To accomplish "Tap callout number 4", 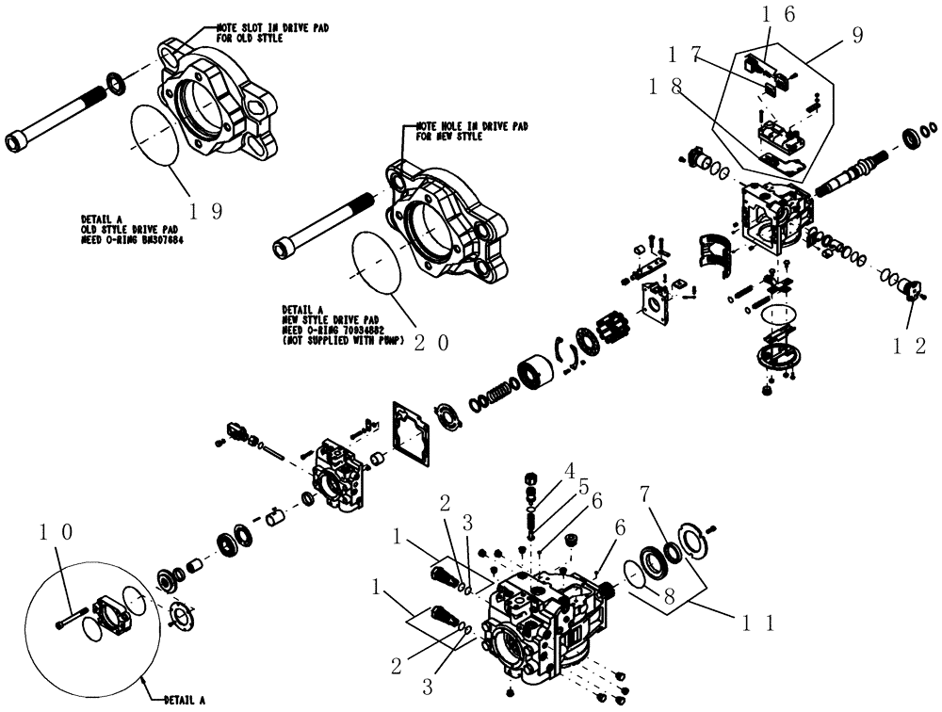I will [569, 469].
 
